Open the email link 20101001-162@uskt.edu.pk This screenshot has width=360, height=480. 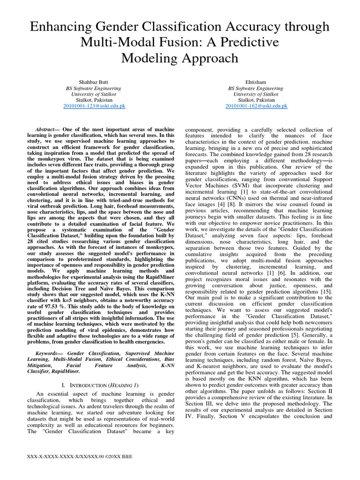coord(256,106)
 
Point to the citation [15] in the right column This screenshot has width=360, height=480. coord(327,291)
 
